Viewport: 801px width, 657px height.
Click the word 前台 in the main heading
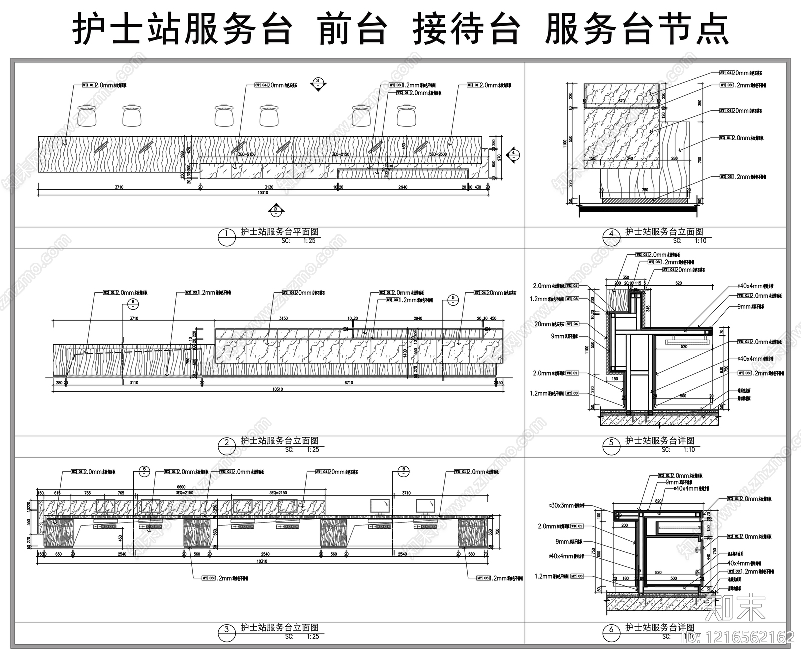[352, 30]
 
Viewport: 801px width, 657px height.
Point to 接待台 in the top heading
[466, 30]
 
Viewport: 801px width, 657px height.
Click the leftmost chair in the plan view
[87, 115]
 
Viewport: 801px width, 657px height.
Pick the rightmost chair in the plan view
[407, 115]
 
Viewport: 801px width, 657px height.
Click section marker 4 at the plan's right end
[513, 156]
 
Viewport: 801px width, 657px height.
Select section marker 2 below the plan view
[275, 211]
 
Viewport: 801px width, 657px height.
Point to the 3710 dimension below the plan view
[119, 187]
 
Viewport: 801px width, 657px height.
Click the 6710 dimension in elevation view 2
[348, 383]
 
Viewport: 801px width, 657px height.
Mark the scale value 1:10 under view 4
[700, 241]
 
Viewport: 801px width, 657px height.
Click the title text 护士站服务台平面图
[279, 232]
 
